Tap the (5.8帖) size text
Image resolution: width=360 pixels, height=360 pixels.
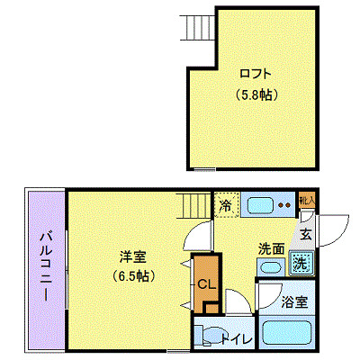coord(255,94)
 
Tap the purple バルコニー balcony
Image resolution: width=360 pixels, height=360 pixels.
coord(44,269)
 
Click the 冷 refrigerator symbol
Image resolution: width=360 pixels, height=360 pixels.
coord(225,206)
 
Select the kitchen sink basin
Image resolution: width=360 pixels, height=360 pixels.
coord(260,204)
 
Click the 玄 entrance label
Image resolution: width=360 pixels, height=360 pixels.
coord(306,235)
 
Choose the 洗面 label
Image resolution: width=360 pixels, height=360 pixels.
coord(272,247)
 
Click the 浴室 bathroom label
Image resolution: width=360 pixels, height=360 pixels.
coord(293,301)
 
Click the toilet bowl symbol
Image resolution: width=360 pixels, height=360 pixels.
coord(206,339)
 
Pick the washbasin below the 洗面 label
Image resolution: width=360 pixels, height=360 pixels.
coord(270,267)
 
